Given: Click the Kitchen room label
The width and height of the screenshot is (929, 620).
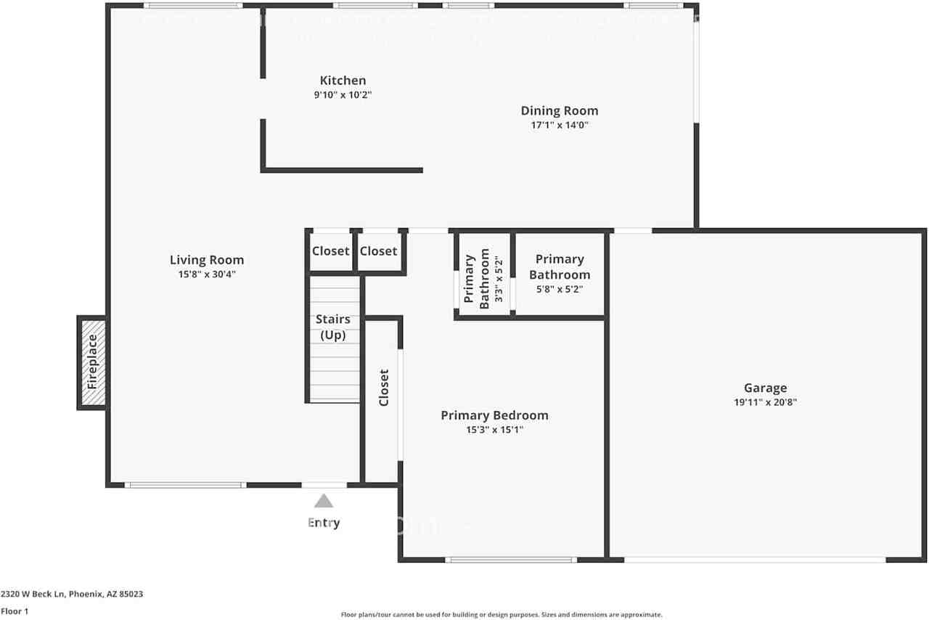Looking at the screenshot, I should point(343,81).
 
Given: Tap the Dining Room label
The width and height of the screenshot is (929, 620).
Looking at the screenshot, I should point(560,111).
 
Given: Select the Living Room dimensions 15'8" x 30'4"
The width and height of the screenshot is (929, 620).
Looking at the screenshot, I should point(207,274).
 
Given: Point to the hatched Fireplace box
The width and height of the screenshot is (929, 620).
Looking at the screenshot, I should point(92,362).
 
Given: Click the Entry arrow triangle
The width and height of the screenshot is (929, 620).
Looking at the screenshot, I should point(324,501).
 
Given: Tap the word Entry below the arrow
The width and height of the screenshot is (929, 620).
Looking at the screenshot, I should point(324,523).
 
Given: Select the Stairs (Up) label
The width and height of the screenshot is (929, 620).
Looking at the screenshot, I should point(332,327).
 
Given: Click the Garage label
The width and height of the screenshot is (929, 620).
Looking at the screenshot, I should point(765,388).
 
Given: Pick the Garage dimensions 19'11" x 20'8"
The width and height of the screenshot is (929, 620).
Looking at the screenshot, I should point(765,402).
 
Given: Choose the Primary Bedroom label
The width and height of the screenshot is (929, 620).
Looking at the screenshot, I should point(494,415).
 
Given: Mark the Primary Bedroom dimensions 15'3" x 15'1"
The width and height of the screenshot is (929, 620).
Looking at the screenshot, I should point(494,430).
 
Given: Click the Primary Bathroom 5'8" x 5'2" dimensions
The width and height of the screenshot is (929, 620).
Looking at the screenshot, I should point(559,289).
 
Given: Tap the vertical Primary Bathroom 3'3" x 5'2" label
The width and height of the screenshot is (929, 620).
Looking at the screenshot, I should point(477,280).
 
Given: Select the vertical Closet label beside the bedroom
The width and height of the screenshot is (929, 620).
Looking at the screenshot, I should point(384,388).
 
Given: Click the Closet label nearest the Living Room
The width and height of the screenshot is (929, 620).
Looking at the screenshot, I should point(331,251).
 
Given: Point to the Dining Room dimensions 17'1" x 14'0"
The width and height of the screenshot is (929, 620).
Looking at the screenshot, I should point(560,125).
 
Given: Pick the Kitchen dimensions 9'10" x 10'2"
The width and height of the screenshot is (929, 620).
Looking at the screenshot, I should point(343,95).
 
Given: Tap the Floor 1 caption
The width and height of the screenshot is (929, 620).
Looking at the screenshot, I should point(15,611).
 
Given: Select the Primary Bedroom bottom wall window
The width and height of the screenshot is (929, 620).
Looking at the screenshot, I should point(511,560).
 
